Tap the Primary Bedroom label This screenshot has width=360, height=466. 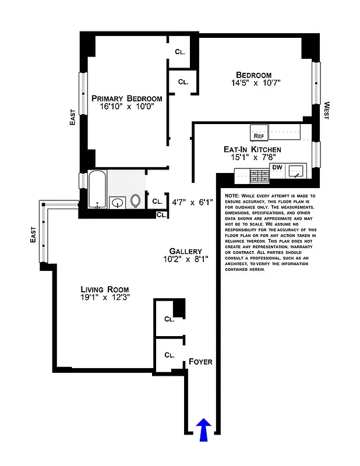click(126, 98)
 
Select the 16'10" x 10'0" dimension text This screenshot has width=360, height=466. click(126, 107)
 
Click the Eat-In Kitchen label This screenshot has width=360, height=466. click(252, 150)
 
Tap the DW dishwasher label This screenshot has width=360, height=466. click(277, 167)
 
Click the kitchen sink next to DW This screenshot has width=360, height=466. click(298, 171)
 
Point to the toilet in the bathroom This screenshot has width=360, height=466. click(136, 201)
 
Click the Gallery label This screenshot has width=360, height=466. click(186, 251)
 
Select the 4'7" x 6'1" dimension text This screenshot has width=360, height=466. click(192, 202)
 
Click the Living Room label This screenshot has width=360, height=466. click(105, 290)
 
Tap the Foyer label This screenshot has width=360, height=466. click(200, 362)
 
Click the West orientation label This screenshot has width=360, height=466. click(327, 111)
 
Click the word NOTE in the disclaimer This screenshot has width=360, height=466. click(231, 196)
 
